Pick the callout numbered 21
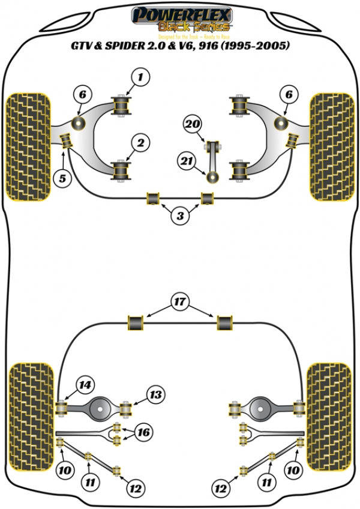click(187, 160)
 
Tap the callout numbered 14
click(85, 385)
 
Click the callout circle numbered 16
click(143, 432)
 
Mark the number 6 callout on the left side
click(83, 94)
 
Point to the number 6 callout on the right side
click(290, 94)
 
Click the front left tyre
click(28, 146)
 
